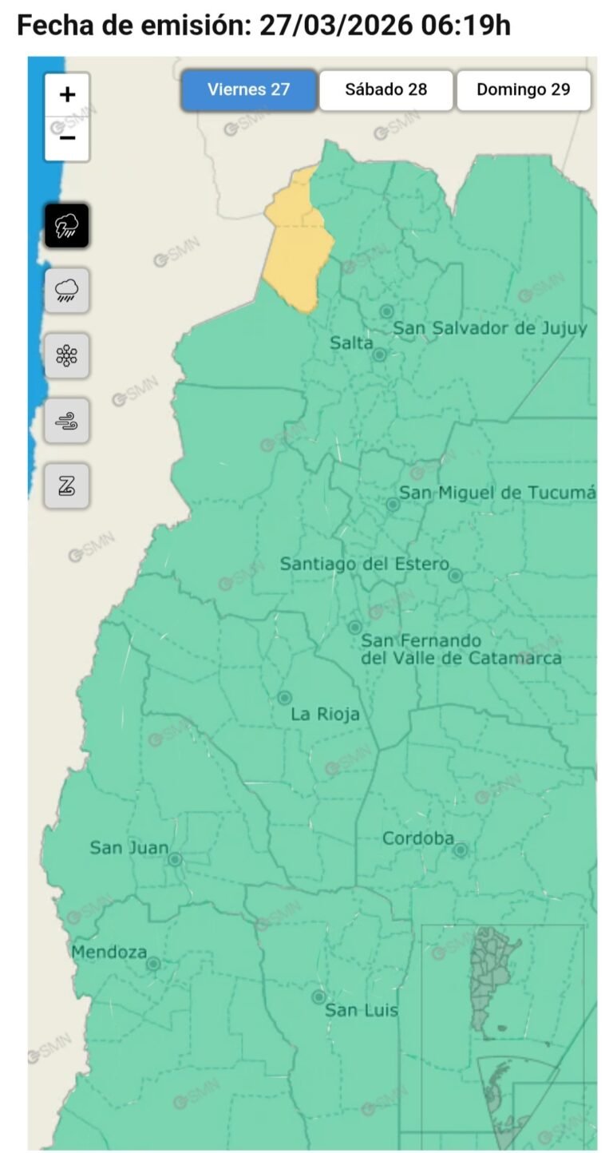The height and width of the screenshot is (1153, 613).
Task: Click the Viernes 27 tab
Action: pos(248,89)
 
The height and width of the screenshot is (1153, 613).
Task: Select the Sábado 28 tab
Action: pos(386,89)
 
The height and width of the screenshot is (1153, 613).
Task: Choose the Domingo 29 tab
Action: pos(524,89)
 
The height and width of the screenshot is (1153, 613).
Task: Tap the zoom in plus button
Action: pos(67,95)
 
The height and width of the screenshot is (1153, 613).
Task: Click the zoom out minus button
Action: pos(67,138)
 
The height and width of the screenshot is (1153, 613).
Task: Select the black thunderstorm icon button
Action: pos(67,226)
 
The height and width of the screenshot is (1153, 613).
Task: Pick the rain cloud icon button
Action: pos(67,291)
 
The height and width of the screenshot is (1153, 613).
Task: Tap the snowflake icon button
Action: pos(67,355)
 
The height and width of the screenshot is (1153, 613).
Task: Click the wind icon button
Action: pos(67,420)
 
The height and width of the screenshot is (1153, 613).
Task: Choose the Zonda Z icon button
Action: pos(67,485)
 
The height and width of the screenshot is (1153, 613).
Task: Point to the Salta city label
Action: pos(351,343)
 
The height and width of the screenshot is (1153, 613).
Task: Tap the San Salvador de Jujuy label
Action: pos(491,328)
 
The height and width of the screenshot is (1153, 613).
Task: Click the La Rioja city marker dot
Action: pos(284,698)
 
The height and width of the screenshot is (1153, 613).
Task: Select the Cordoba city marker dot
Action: pos(461,850)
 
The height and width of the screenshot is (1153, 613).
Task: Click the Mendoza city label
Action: pos(109,952)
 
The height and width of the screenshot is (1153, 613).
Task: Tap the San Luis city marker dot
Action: pos(318,996)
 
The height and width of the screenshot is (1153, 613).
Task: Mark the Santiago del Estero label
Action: pos(364,564)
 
